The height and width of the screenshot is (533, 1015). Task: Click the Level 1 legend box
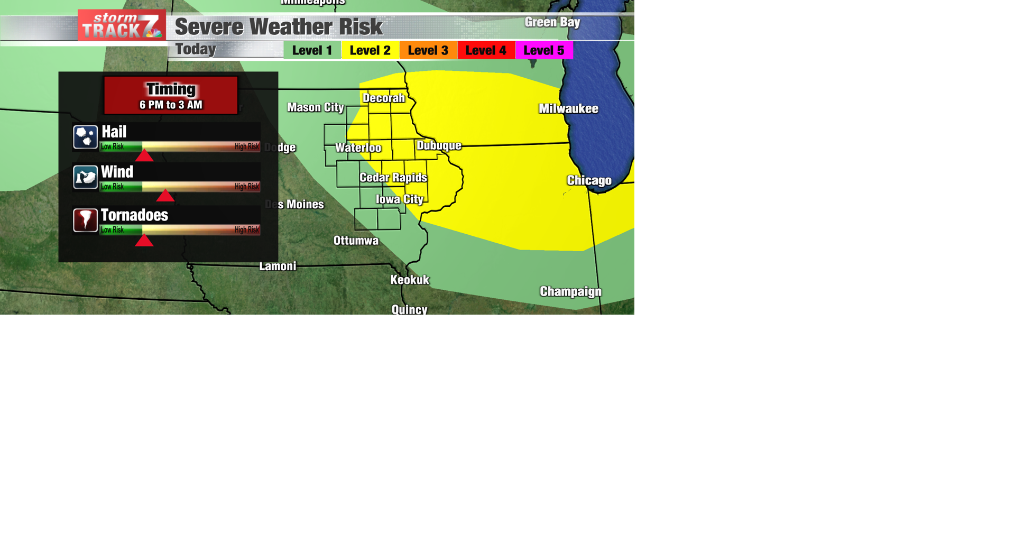point(312,50)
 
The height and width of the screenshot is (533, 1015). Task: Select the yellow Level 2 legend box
point(370,50)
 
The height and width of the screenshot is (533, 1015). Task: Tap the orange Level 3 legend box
point(428,50)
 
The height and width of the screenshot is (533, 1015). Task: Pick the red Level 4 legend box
point(486,50)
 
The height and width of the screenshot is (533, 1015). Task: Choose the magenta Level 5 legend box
point(544,50)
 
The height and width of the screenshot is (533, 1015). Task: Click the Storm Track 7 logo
point(122,25)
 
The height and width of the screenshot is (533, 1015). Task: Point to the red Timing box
point(171,95)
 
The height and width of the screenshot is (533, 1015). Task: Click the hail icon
point(85,137)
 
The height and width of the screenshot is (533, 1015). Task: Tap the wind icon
point(85,178)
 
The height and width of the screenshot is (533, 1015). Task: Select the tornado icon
point(85,219)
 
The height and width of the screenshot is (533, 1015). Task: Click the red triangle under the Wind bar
point(165,196)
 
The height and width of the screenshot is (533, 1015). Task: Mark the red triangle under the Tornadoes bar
point(144,241)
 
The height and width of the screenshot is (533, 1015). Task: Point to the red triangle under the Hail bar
point(144,156)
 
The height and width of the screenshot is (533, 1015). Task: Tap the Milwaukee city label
point(568,109)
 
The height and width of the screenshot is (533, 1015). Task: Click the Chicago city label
point(589,180)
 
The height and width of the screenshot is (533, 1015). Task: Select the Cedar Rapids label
point(393,178)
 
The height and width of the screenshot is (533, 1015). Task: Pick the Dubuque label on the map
point(439,145)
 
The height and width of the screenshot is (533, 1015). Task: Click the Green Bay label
point(552,22)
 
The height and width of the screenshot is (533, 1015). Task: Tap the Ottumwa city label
point(356,241)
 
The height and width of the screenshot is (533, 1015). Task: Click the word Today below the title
point(196,49)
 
